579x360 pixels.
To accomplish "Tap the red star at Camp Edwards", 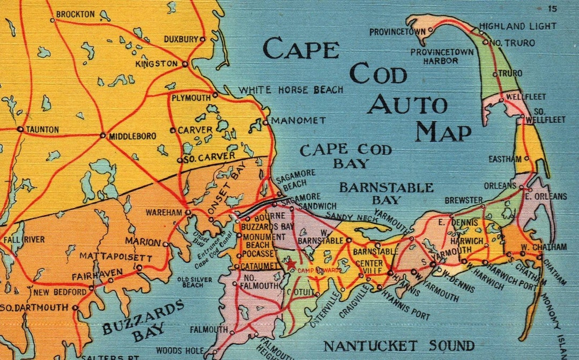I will pyautogui.click(x=290, y=264).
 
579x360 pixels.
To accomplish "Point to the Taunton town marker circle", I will pyautogui.click(x=20, y=129).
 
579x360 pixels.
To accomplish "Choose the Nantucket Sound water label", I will pyautogui.click(x=399, y=346).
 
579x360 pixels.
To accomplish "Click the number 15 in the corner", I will pyautogui.click(x=553, y=8).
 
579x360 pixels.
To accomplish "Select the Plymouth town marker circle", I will pyautogui.click(x=215, y=95).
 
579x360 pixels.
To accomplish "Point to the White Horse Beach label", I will pyautogui.click(x=291, y=90).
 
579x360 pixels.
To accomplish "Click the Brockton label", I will pyautogui.click(x=75, y=14).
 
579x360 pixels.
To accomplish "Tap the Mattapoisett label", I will pyautogui.click(x=116, y=257).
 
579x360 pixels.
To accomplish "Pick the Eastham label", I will pyautogui.click(x=504, y=159).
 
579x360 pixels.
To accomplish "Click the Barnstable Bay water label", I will pyautogui.click(x=386, y=194).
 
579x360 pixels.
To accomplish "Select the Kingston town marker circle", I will pyautogui.click(x=184, y=64).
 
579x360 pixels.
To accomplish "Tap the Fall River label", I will pyautogui.click(x=24, y=239).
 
